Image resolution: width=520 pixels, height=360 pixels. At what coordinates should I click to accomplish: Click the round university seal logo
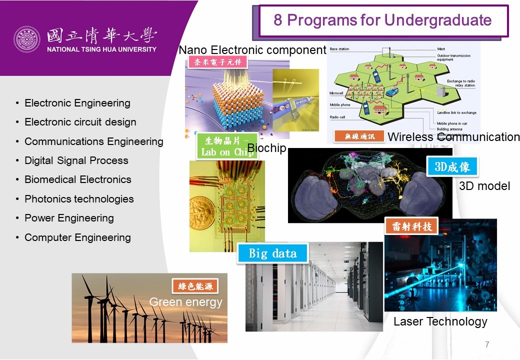tap(26, 39)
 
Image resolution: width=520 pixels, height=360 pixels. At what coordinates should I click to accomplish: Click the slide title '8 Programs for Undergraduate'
tap(382, 20)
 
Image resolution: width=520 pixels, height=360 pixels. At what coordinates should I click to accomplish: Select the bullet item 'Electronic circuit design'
tap(80, 122)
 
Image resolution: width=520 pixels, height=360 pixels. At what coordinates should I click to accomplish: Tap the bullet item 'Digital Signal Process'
tap(76, 160)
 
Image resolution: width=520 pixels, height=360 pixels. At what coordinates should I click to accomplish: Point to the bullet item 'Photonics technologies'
tap(79, 199)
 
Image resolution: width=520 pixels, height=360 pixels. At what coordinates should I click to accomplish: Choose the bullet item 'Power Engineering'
tap(69, 218)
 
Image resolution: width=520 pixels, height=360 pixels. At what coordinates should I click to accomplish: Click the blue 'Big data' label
tap(273, 253)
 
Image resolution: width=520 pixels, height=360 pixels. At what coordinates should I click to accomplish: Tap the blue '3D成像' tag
tap(452, 166)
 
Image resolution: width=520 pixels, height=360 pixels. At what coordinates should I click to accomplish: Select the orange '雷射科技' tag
tap(411, 226)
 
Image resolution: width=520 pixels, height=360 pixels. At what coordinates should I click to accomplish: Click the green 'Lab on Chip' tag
tap(227, 145)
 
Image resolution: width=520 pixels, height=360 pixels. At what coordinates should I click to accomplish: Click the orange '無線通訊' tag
tap(359, 136)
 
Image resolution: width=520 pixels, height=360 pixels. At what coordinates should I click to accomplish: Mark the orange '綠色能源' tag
tap(195, 286)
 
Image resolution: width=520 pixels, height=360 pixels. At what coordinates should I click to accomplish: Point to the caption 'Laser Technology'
tap(440, 321)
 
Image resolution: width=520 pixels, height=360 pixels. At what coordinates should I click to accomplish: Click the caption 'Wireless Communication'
tap(453, 136)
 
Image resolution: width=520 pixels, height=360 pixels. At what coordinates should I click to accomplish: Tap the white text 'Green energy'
tap(185, 302)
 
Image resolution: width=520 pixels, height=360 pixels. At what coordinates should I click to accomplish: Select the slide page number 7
tap(487, 344)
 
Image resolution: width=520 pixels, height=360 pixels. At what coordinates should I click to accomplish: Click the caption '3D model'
tap(484, 186)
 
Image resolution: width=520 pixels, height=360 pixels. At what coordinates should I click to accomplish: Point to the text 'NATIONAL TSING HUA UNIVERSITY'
tap(101, 49)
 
